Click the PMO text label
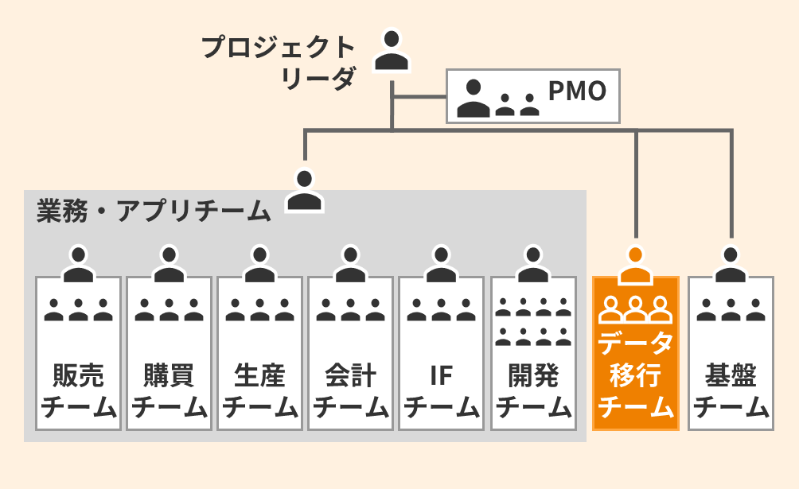click(578, 91)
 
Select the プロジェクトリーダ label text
click(278, 63)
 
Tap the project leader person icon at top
click(391, 50)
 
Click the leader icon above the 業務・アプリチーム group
click(305, 189)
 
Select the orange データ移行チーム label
click(635, 375)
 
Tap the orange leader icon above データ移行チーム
click(635, 265)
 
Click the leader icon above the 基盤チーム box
click(731, 265)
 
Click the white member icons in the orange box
click(635, 306)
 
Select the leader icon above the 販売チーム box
click(78, 265)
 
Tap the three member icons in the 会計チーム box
click(350, 309)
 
